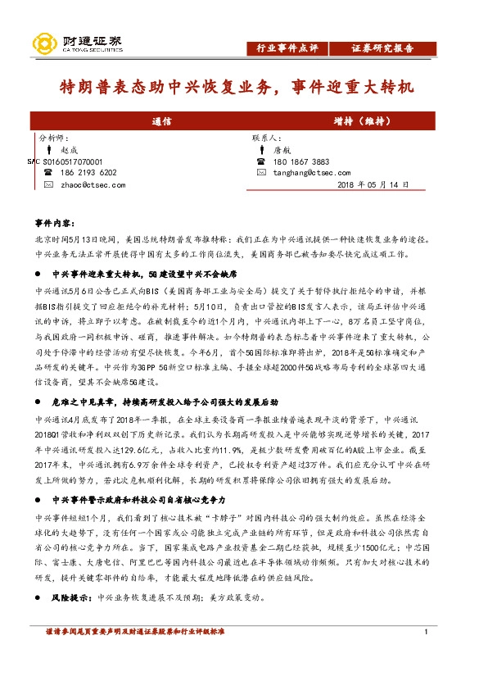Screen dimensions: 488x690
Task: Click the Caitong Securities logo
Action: (77, 42)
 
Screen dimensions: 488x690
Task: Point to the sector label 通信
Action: (161, 120)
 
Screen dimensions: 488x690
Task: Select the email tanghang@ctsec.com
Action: (314, 173)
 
